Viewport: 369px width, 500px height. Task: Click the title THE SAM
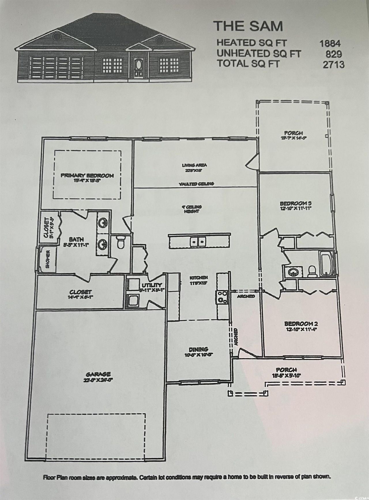click(x=248, y=26)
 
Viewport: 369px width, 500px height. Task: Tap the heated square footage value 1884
click(x=330, y=43)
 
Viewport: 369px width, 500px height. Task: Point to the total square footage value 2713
click(x=333, y=64)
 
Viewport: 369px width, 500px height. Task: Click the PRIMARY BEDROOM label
click(x=87, y=175)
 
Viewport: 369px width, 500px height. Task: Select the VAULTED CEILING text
click(x=196, y=184)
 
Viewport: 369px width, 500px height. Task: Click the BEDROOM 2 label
click(x=301, y=323)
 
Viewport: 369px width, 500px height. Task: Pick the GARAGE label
click(x=98, y=374)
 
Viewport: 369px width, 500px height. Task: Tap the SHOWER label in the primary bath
click(x=48, y=260)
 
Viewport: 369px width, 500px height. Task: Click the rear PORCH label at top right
click(x=293, y=133)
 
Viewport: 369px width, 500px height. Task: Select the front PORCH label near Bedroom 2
click(x=286, y=370)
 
